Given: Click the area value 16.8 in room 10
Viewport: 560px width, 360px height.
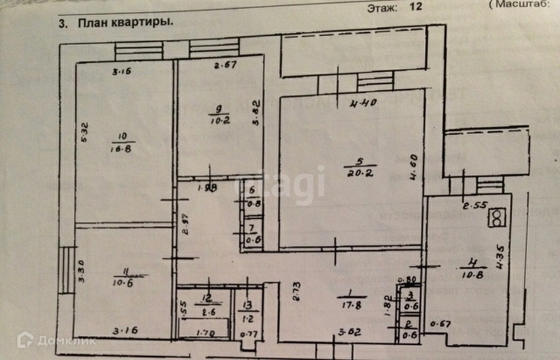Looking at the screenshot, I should tap(121, 148).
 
